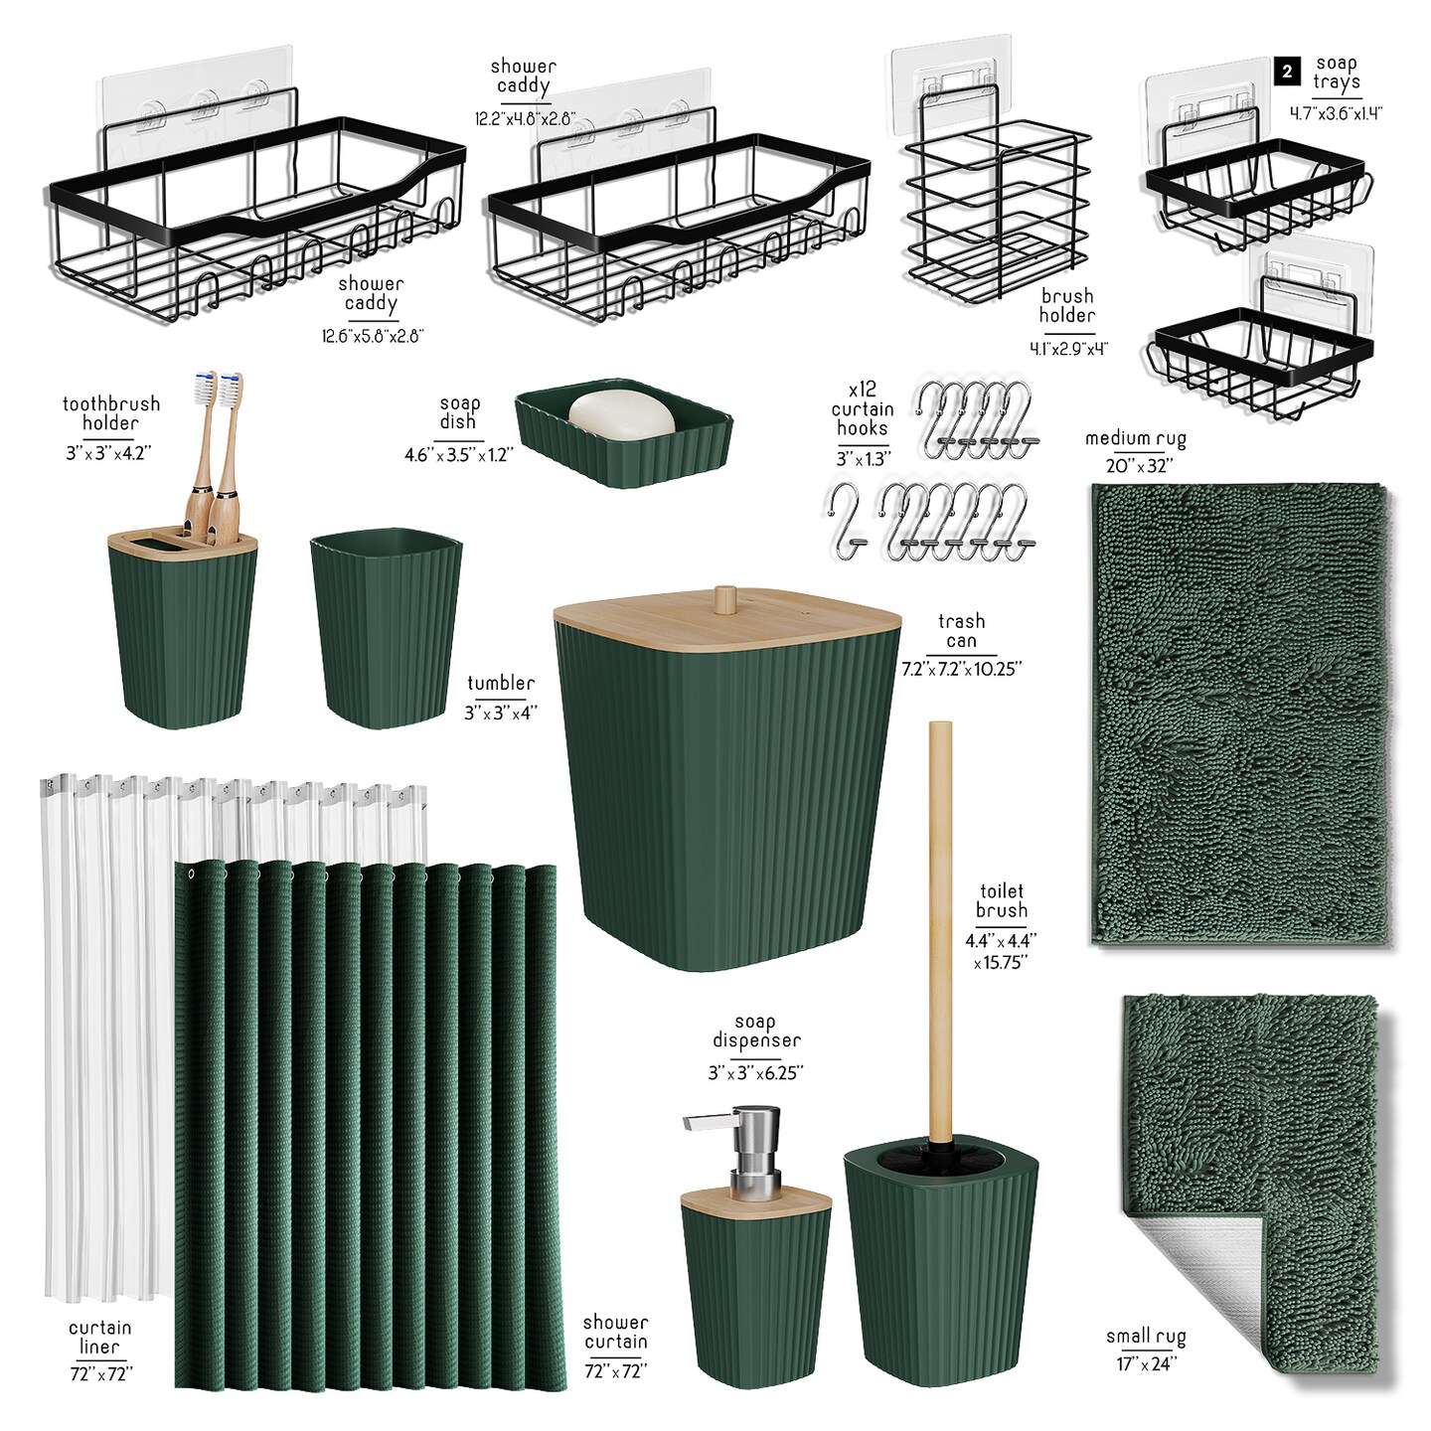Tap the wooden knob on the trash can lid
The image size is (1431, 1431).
tap(725, 598)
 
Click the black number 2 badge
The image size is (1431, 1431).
tap(1287, 72)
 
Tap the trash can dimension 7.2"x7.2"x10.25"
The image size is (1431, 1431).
tap(962, 669)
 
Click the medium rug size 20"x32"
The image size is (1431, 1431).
tap(1139, 466)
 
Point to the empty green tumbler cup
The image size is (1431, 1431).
tap(387, 627)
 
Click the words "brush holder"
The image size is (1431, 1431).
tap(1067, 305)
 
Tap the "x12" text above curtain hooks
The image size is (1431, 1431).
tap(863, 390)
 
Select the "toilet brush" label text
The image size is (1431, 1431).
tap(1001, 900)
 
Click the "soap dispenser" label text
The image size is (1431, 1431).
tap(756, 1033)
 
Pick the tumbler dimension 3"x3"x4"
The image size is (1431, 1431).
tap(501, 713)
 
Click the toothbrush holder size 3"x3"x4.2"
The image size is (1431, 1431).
tap(108, 452)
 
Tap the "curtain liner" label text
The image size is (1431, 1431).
tap(99, 1337)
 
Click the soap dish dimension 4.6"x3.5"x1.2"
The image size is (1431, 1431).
tap(458, 454)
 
